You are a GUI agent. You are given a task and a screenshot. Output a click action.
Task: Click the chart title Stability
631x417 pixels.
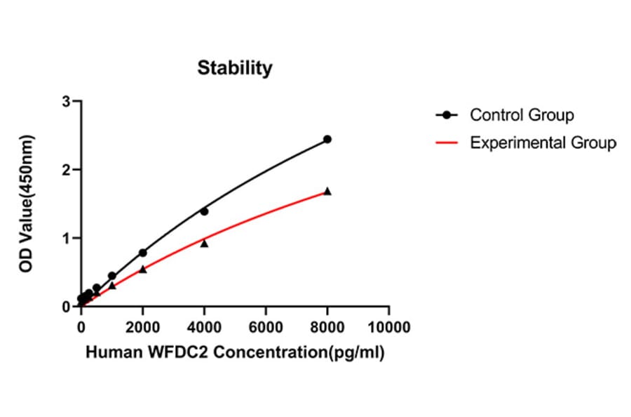tap(234, 68)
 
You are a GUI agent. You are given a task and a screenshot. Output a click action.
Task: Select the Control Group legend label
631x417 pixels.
tap(522, 114)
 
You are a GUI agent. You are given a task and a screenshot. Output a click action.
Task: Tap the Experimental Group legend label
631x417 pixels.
tap(543, 143)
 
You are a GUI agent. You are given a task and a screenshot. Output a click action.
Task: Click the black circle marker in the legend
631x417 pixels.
tap(446, 114)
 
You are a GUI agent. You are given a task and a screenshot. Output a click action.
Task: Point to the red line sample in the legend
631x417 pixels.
tap(446, 143)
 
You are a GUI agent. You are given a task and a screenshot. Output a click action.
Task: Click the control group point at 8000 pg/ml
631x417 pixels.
tap(327, 139)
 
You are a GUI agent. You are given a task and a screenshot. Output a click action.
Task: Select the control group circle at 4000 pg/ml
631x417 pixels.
tap(204, 211)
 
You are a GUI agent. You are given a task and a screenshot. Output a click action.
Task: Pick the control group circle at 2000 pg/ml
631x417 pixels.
tap(143, 253)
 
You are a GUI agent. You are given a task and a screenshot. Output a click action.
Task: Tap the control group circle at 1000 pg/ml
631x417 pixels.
tap(112, 276)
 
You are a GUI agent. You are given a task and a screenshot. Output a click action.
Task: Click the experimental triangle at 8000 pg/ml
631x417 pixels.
tap(327, 191)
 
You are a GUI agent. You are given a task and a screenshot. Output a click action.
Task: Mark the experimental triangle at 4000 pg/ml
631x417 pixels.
tap(204, 244)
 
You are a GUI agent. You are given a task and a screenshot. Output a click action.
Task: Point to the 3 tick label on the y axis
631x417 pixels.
tap(67, 102)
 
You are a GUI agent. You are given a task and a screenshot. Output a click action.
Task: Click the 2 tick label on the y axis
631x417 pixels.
tap(67, 170)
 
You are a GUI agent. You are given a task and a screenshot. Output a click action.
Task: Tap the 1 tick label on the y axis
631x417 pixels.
tap(67, 239)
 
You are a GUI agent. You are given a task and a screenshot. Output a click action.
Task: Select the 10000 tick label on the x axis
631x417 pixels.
tap(389, 327)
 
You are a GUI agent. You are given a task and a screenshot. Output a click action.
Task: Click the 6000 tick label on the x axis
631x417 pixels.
tap(266, 327)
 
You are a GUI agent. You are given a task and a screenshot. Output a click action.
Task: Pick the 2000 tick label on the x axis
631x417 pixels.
tap(143, 327)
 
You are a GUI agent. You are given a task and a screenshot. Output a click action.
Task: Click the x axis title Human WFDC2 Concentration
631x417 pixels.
tap(235, 353)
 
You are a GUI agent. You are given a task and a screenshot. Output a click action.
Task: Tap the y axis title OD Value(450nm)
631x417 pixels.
tap(27, 204)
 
